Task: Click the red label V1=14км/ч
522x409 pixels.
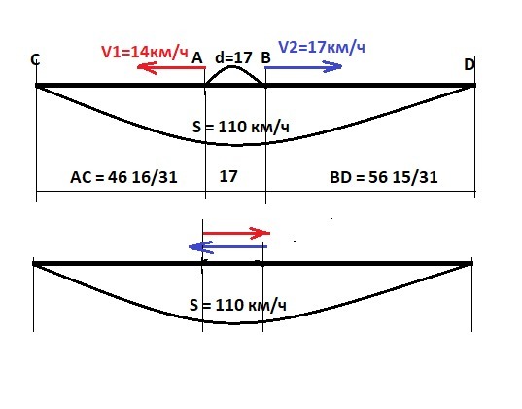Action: pos(145,52)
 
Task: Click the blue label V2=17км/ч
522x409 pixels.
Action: pos(322,47)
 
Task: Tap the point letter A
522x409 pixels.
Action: pos(197,58)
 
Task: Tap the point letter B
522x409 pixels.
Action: pos(265,58)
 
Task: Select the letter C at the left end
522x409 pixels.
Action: pos(35,60)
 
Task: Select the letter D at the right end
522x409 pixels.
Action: pos(470,64)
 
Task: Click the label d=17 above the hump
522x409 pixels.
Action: pos(233,57)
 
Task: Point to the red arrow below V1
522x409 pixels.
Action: pos(171,68)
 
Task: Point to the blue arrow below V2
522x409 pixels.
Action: pos(303,67)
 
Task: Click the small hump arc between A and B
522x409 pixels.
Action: pos(233,67)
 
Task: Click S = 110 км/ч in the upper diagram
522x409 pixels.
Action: pos(241,128)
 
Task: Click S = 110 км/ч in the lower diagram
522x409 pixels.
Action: pos(238,305)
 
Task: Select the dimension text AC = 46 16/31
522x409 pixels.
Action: pos(123,177)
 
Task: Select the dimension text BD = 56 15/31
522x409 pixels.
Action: pos(384,177)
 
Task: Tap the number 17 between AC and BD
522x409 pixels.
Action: pos(228,176)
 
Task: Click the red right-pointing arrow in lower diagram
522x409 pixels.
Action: pos(236,233)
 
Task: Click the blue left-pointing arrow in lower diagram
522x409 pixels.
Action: pos(227,247)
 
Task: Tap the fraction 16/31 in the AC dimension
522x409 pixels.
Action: pos(155,177)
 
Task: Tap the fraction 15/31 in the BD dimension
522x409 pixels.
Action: pos(415,177)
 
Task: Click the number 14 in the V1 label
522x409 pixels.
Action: pos(139,52)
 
